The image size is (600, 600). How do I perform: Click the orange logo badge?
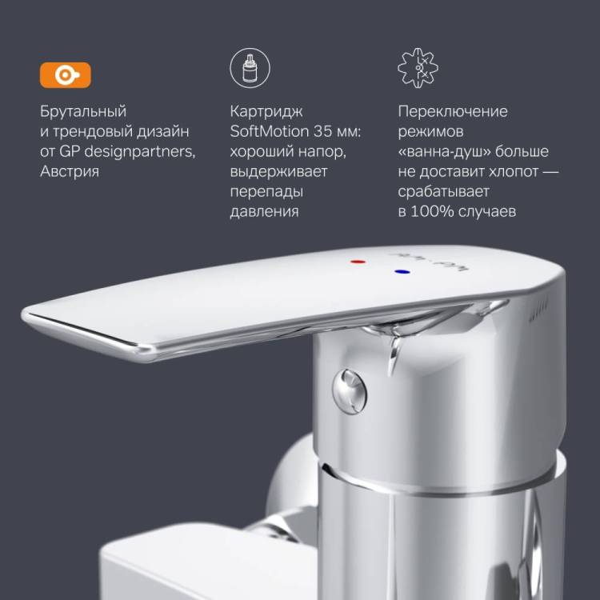(x=66, y=75)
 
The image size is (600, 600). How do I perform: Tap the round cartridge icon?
(x=250, y=68)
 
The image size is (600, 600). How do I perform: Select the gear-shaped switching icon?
(x=418, y=68)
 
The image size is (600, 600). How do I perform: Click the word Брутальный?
(x=83, y=111)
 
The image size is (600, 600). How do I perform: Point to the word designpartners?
(x=140, y=151)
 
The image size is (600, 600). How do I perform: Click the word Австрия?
(x=70, y=171)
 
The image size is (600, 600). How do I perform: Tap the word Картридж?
(x=266, y=111)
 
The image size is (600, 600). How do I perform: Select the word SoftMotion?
(x=270, y=131)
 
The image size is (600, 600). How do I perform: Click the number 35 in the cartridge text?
(x=322, y=131)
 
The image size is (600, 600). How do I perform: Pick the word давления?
(x=265, y=211)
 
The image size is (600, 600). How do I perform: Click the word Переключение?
(x=453, y=111)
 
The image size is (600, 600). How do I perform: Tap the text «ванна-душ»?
(x=444, y=151)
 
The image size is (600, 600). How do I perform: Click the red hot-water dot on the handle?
(x=358, y=262)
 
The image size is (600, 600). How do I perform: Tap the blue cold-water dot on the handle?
(x=402, y=272)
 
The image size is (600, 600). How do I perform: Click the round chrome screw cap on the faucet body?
(x=350, y=391)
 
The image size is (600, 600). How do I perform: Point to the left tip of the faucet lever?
(x=23, y=314)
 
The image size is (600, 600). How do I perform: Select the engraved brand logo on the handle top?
(x=429, y=261)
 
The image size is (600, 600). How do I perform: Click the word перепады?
(x=266, y=191)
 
